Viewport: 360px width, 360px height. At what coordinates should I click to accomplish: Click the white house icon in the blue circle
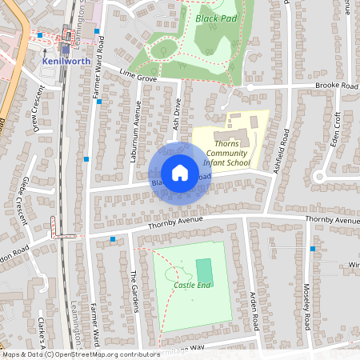point(180,173)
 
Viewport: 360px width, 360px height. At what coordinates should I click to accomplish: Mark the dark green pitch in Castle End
point(205,272)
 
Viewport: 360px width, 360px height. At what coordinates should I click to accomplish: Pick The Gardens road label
point(134,291)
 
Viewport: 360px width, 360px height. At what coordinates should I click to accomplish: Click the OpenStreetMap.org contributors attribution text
point(104,354)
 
